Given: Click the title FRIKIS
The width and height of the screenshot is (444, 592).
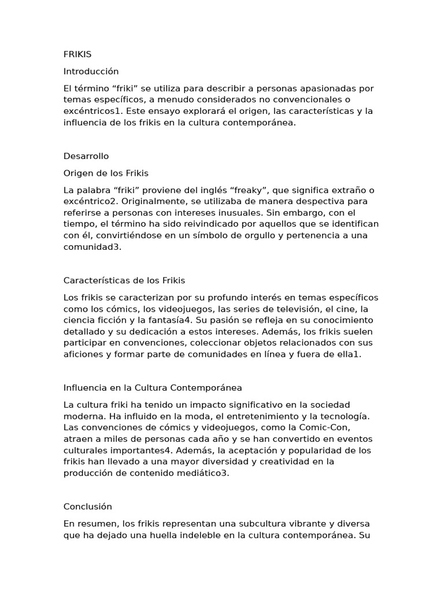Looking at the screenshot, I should coord(77,54).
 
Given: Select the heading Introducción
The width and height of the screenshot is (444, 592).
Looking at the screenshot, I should coord(91,71).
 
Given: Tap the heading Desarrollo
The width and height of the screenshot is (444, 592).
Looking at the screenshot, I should coord(86,156).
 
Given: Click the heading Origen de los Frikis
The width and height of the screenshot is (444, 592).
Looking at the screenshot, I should coord(106,173).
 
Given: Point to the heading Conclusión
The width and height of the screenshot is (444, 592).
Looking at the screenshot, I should coord(87,506).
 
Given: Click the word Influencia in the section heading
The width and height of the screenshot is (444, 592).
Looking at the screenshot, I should coord(83,387).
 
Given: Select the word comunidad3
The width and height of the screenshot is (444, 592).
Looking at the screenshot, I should coord(91,246).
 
